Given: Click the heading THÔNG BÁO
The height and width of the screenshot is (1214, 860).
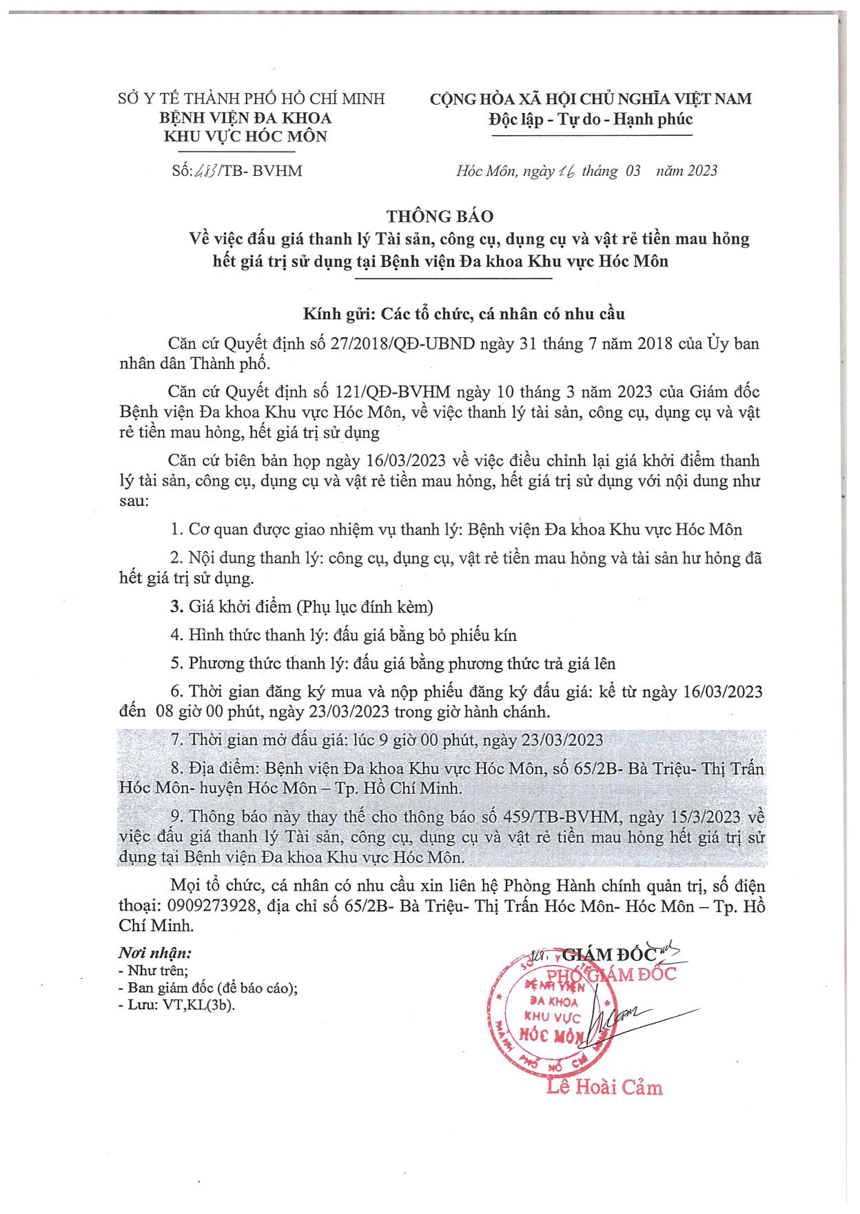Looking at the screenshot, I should pyautogui.click(x=440, y=216).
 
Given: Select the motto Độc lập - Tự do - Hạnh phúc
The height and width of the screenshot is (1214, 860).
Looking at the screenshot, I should pyautogui.click(x=591, y=119).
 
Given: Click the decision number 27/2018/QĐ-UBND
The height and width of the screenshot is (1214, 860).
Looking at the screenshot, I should pyautogui.click(x=402, y=343).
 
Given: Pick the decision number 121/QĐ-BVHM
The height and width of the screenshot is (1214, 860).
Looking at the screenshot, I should pyautogui.click(x=393, y=392).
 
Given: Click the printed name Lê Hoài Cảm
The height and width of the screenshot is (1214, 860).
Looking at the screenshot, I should pyautogui.click(x=604, y=1087).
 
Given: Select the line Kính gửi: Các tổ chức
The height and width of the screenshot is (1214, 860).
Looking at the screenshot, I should pyautogui.click(x=464, y=314).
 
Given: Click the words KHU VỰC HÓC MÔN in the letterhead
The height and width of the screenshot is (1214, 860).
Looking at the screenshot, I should pyautogui.click(x=245, y=136).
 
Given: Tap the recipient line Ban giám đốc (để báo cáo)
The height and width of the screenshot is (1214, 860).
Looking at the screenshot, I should pyautogui.click(x=211, y=988).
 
